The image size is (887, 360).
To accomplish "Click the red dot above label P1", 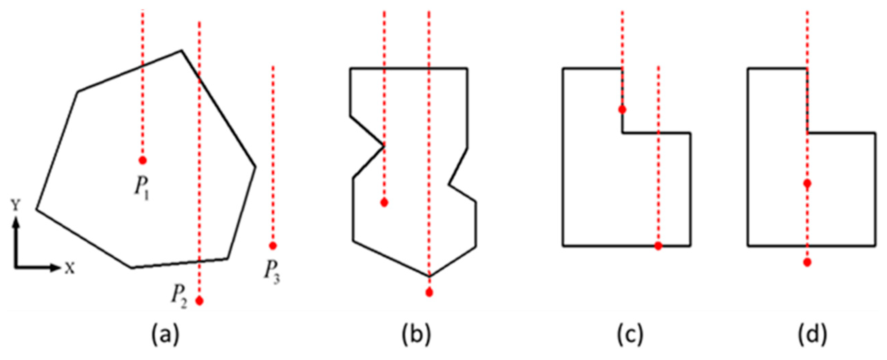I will click(x=142, y=160).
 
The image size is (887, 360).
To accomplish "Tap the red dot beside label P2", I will click(x=199, y=301).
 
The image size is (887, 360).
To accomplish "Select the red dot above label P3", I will click(x=273, y=246).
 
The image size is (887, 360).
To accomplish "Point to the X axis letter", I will click(x=70, y=268).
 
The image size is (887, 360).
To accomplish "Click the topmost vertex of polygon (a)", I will click(x=182, y=51).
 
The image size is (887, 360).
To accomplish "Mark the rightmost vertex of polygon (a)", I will click(x=256, y=167).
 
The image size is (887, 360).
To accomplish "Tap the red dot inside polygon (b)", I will click(x=385, y=203).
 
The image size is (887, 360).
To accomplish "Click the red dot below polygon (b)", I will click(x=429, y=293).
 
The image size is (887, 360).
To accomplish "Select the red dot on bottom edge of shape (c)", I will click(x=658, y=246).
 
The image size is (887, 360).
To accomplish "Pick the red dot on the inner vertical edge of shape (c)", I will click(x=622, y=110).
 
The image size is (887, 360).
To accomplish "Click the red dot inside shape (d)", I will click(x=807, y=184).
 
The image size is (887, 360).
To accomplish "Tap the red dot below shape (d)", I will click(x=807, y=262).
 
